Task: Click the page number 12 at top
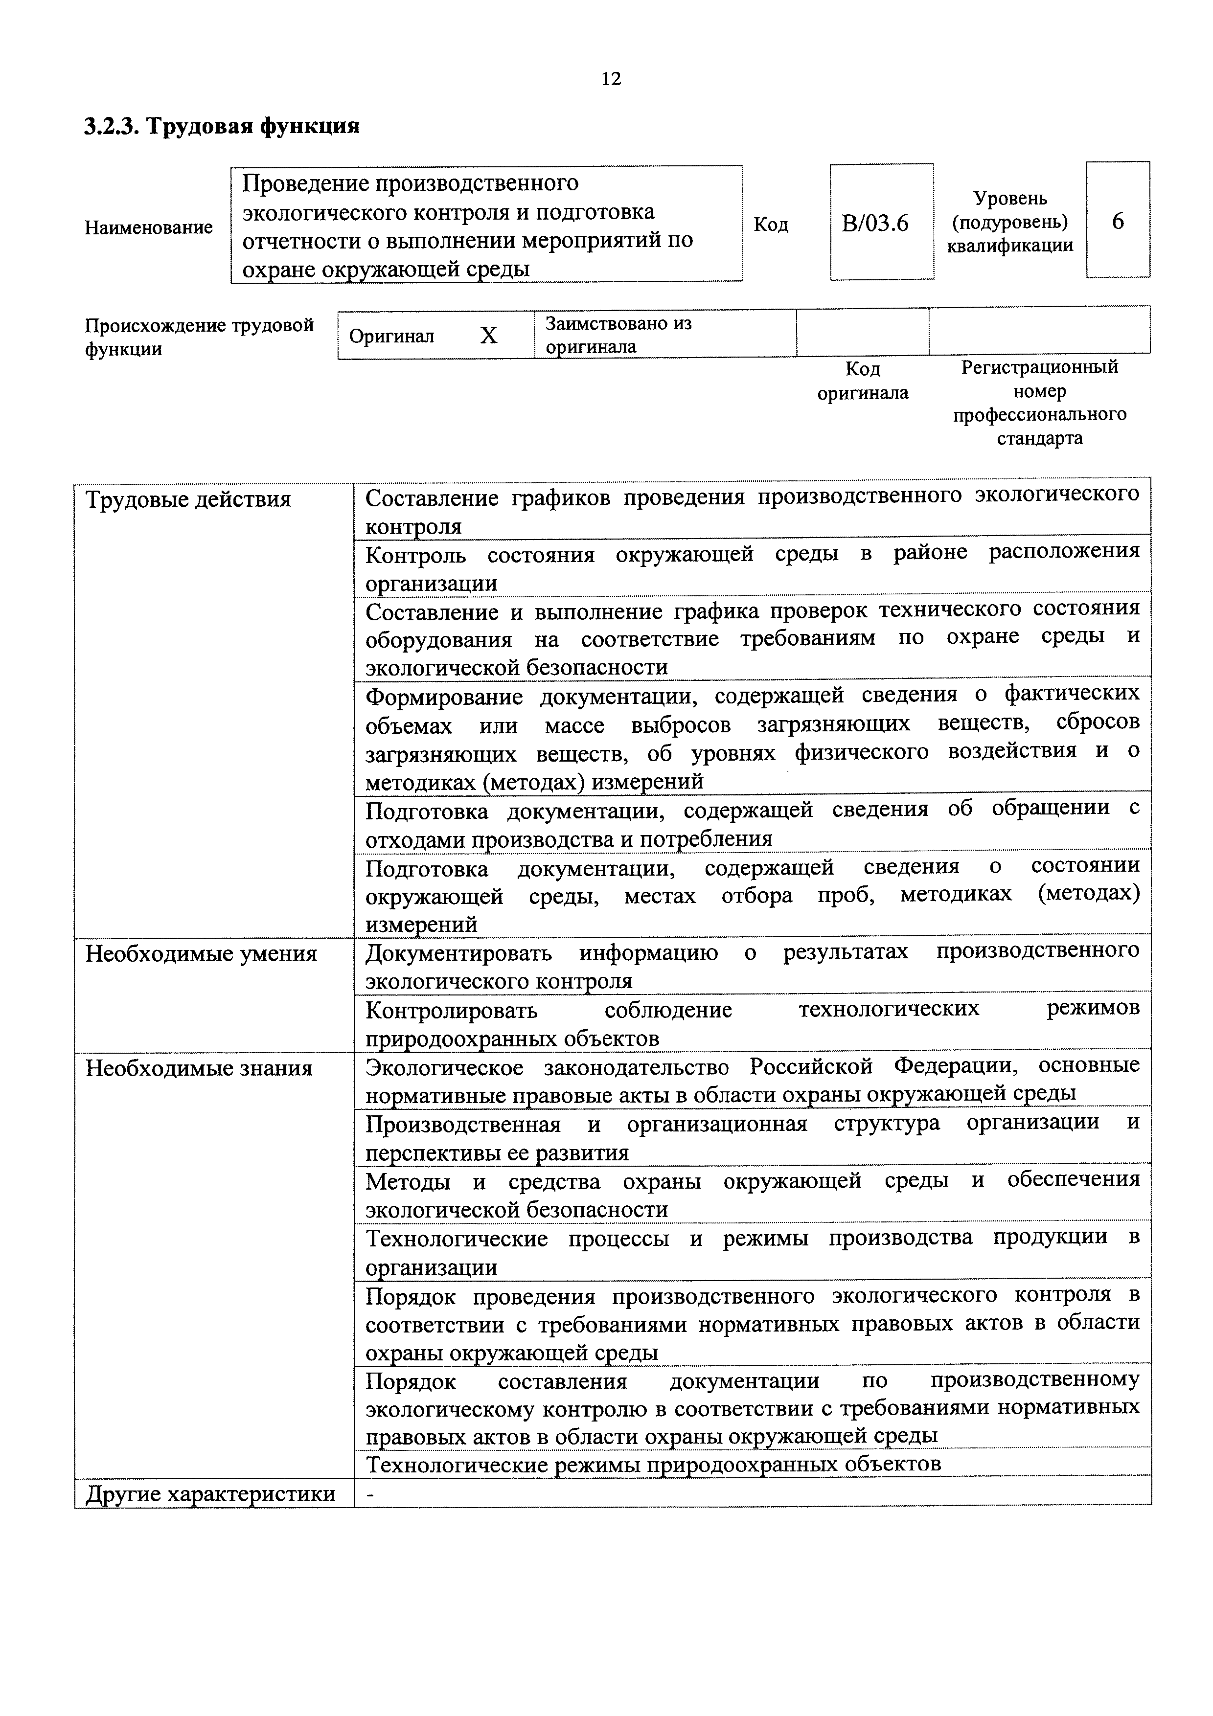pyautogui.click(x=611, y=79)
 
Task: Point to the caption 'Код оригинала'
pyautogui.click(x=863, y=381)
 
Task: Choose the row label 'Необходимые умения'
pyautogui.click(x=201, y=954)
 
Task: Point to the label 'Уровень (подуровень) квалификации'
pyautogui.click(x=1010, y=222)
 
